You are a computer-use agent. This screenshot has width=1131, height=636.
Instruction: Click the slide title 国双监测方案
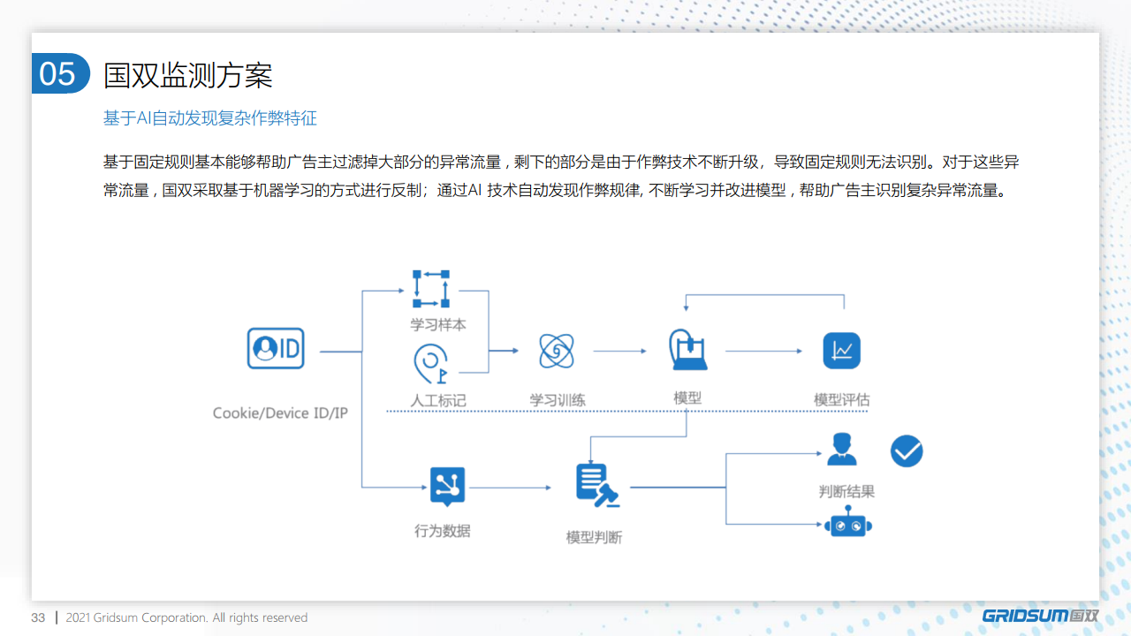(188, 75)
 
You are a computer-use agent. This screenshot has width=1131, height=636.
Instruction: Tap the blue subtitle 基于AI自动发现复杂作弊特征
(210, 118)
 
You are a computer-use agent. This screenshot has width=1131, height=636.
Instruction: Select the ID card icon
(276, 348)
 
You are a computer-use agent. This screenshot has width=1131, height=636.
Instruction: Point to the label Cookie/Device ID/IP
(280, 413)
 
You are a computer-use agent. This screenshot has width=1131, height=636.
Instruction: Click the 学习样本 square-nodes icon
(430, 289)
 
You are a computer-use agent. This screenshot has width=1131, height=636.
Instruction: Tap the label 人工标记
(437, 401)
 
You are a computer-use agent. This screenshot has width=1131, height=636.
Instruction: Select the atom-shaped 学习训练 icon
(557, 351)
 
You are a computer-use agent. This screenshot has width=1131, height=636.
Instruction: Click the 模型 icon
(687, 349)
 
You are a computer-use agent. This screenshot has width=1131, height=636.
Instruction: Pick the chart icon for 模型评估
(842, 351)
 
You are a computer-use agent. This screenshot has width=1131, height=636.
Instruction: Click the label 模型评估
(842, 400)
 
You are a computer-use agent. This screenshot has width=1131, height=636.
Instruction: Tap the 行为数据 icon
(447, 487)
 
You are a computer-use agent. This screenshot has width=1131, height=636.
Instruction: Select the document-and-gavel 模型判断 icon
(597, 485)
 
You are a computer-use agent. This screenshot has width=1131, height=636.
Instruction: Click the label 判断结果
(846, 491)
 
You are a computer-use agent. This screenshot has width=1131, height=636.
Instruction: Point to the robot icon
(848, 522)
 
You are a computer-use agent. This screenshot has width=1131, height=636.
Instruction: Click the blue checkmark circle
(907, 450)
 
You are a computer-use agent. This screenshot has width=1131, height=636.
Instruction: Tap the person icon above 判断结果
(842, 449)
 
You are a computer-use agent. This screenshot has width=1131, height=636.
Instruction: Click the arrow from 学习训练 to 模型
(620, 351)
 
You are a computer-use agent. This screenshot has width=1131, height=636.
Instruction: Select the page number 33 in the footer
(38, 617)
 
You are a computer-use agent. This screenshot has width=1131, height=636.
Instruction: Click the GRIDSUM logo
(1040, 616)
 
